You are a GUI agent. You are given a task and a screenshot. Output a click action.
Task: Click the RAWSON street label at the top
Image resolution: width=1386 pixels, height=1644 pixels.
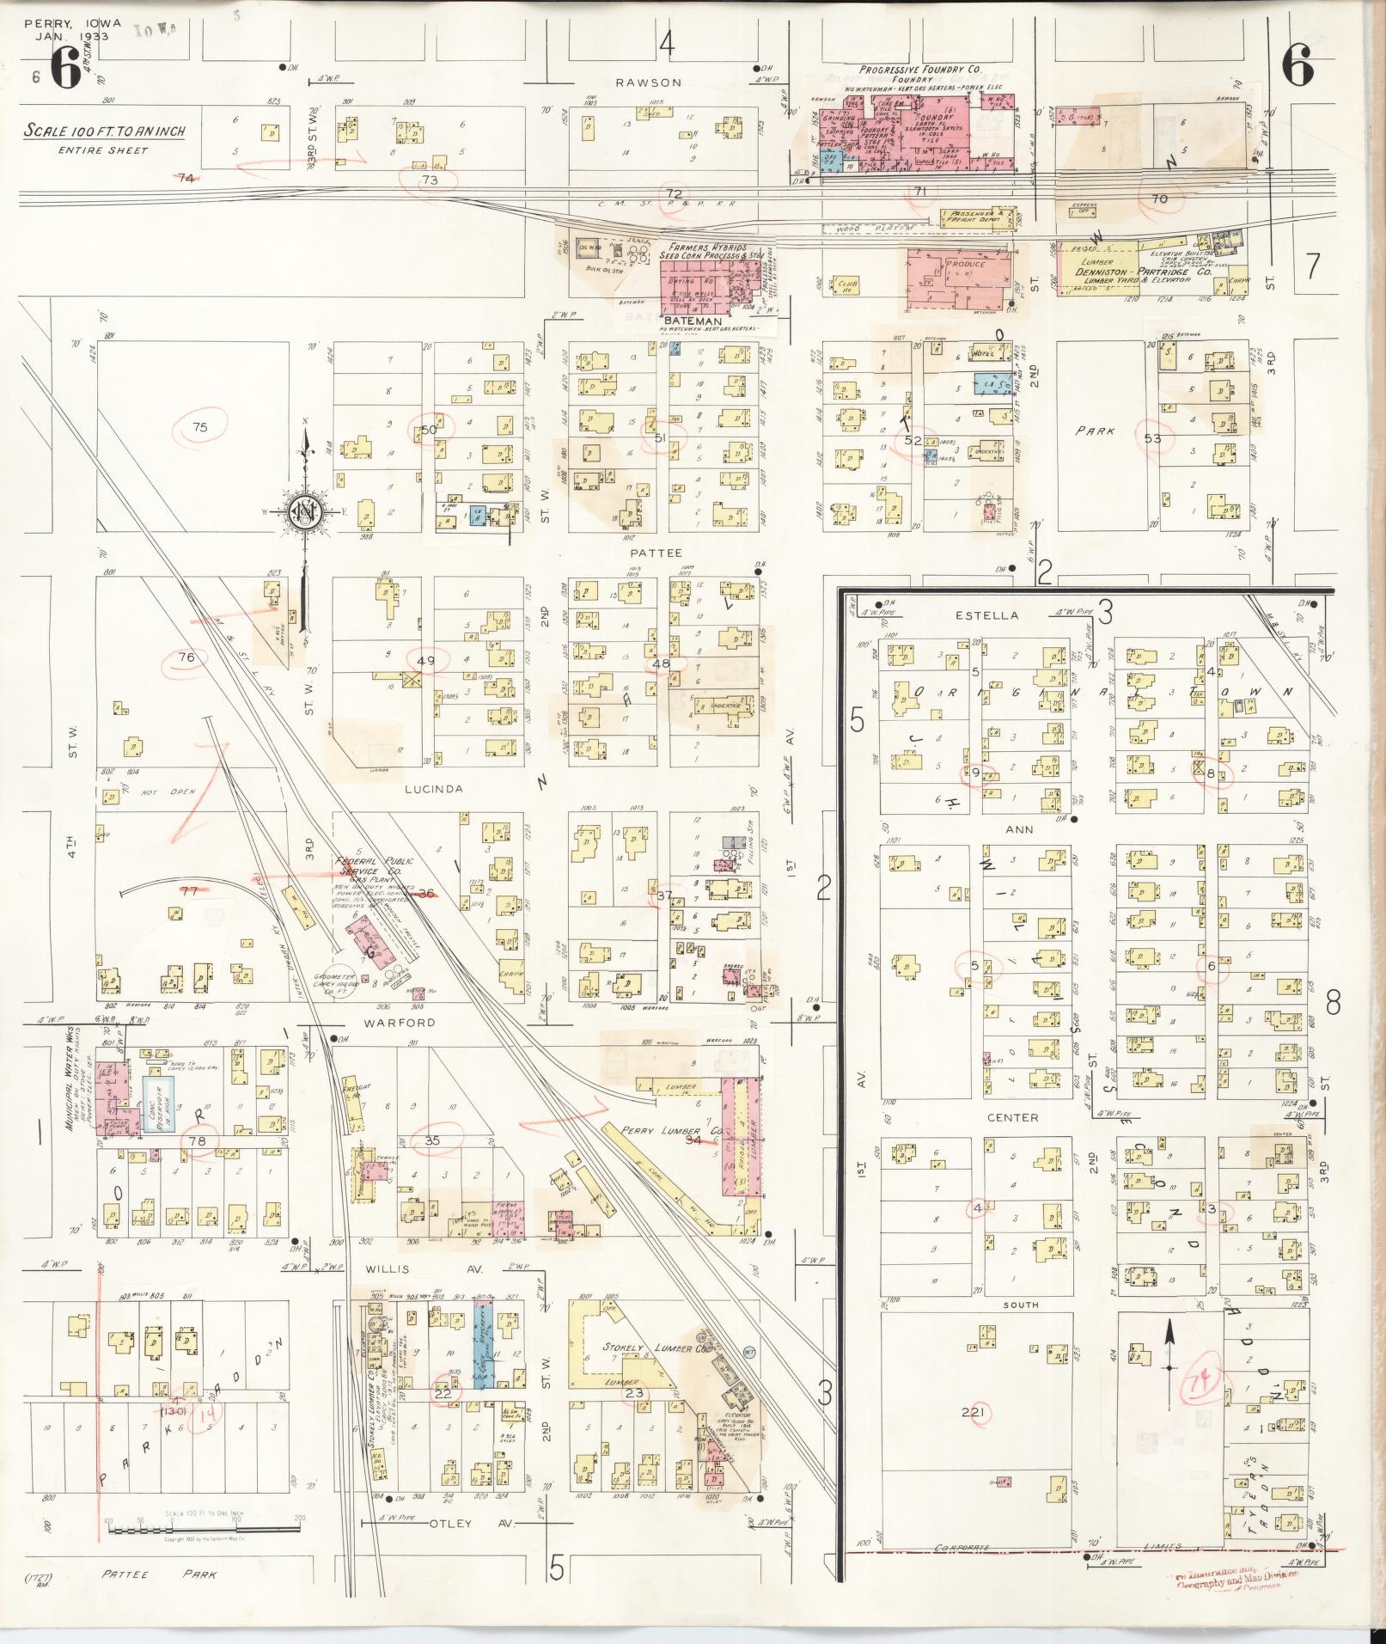(648, 83)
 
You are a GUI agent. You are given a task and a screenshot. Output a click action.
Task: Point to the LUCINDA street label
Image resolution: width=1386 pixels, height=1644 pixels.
(437, 788)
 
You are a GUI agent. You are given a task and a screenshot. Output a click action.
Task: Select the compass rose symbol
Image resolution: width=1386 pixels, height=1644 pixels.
(302, 513)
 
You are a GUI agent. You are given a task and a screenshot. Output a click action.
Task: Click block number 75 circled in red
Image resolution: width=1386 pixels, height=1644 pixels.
(200, 426)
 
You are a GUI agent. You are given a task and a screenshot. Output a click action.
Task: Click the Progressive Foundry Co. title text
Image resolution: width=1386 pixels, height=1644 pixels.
(921, 69)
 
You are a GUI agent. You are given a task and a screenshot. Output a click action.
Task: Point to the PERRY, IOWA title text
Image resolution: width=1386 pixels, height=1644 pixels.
(73, 23)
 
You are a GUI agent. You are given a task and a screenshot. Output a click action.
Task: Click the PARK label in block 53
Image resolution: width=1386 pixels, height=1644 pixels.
(1095, 431)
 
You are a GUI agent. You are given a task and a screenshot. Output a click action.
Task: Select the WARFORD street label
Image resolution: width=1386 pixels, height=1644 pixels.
(399, 1024)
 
